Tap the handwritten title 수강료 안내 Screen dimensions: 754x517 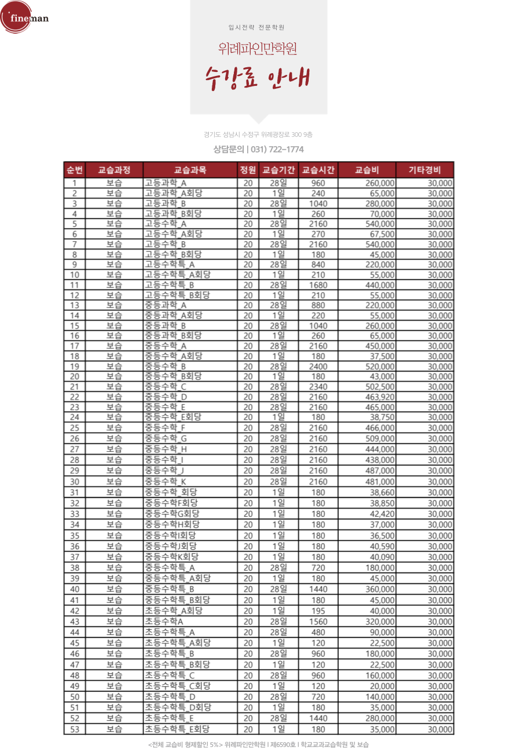pyautogui.click(x=258, y=79)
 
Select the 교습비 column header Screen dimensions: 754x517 pyautogui.click(x=367, y=170)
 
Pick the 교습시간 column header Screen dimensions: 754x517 pyautogui.click(x=318, y=170)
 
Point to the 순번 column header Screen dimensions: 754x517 pyautogui.click(x=74, y=170)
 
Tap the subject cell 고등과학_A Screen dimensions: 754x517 pyautogui.click(x=165, y=183)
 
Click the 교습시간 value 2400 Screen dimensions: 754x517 pyautogui.click(x=318, y=367)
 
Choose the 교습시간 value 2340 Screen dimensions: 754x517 pyautogui.click(x=318, y=387)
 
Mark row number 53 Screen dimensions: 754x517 pyautogui.click(x=74, y=729)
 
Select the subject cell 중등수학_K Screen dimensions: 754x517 pyautogui.click(x=165, y=481)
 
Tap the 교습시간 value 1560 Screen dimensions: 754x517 pyautogui.click(x=318, y=621)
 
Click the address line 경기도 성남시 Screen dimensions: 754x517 pyautogui.click(x=258, y=135)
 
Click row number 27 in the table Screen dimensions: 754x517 pyautogui.click(x=74, y=449)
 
